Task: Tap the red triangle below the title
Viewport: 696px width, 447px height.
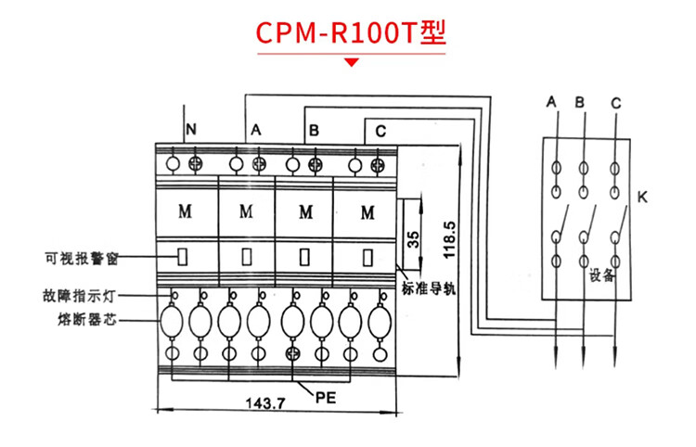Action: point(352,63)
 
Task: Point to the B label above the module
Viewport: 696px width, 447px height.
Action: point(315,132)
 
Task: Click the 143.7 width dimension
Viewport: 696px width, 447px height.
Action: point(264,403)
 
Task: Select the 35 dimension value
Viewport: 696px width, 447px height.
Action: point(415,239)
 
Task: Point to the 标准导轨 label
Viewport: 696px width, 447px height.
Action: point(429,287)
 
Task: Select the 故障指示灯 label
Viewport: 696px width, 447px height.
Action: point(81,297)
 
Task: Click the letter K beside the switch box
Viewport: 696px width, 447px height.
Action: point(642,198)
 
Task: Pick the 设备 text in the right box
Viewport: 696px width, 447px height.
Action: point(601,275)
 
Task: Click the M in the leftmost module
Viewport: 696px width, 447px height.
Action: point(185,210)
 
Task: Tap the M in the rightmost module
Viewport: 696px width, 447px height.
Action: point(367,210)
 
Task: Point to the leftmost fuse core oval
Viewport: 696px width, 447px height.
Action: point(173,322)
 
